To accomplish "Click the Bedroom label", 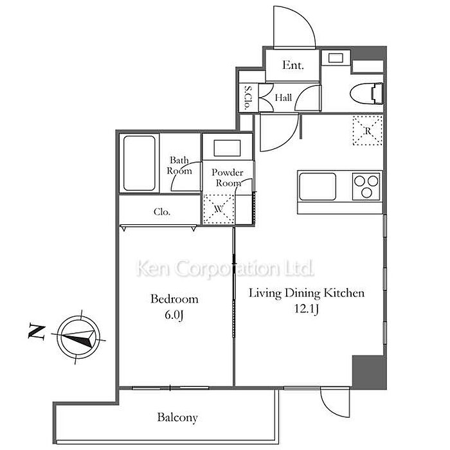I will click(174, 299).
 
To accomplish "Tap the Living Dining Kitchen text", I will click(307, 293).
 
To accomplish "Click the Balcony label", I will click(177, 418).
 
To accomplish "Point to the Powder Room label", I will click(228, 177).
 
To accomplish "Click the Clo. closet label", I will click(162, 212).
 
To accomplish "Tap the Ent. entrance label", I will click(292, 66).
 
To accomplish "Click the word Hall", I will click(283, 98).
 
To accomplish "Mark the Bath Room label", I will click(179, 166).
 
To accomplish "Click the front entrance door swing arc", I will click(294, 26).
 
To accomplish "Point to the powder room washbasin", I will click(226, 148).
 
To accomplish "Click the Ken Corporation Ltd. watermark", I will click(225, 267).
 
